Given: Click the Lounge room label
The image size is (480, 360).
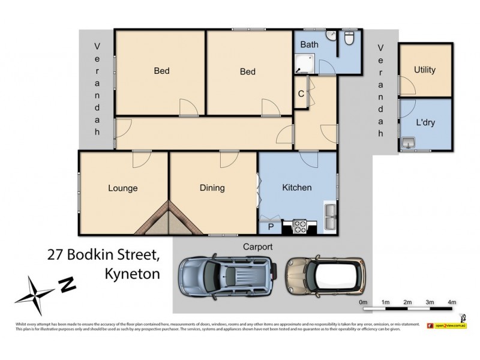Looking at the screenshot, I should pyautogui.click(x=122, y=188).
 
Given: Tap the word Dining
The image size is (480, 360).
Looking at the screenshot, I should pyautogui.click(x=212, y=188).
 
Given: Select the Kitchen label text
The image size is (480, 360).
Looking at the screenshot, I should pyautogui.click(x=296, y=188).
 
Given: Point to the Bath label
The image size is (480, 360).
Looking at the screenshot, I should pyautogui.click(x=309, y=44).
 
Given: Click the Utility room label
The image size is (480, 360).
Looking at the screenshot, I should pyautogui.click(x=424, y=70).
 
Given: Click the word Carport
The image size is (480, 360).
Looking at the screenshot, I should pyautogui.click(x=257, y=247).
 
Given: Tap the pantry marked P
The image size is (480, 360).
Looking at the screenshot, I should pyautogui.click(x=270, y=227).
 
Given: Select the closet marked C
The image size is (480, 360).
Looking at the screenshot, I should pyautogui.click(x=301, y=94).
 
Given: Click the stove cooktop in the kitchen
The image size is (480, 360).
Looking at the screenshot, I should pyautogui.click(x=299, y=227).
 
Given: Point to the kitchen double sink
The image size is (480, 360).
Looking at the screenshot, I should pyautogui.click(x=330, y=217).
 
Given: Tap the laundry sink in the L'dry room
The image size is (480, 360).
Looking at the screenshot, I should pyautogui.click(x=409, y=143).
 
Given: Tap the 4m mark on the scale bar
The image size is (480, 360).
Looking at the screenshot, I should pyautogui.click(x=452, y=302).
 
